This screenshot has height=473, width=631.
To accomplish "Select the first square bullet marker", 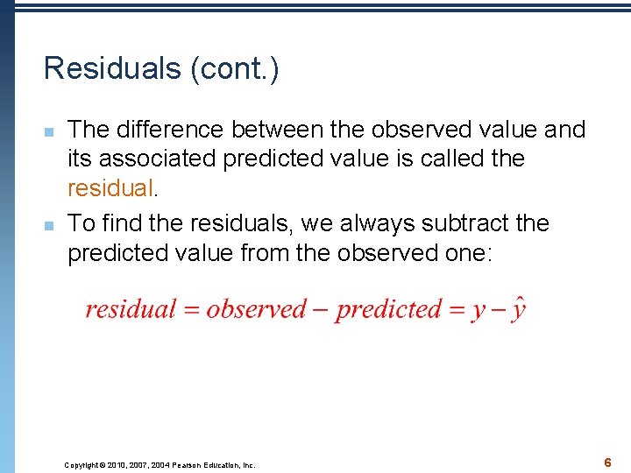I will [50, 131].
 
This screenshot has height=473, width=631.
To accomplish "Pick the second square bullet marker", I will [50, 225].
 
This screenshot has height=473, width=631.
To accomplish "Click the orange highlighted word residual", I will [110, 187].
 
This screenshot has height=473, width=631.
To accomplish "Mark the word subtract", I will [469, 223].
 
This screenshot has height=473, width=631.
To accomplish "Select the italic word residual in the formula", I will [130, 309].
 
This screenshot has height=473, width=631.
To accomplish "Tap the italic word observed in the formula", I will [256, 309].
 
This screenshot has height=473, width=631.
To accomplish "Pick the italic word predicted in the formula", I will [388, 310].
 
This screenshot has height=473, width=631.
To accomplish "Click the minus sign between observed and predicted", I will [322, 310].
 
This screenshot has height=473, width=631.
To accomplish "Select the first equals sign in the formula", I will [190, 310].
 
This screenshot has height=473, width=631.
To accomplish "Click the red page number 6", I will [606, 462].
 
